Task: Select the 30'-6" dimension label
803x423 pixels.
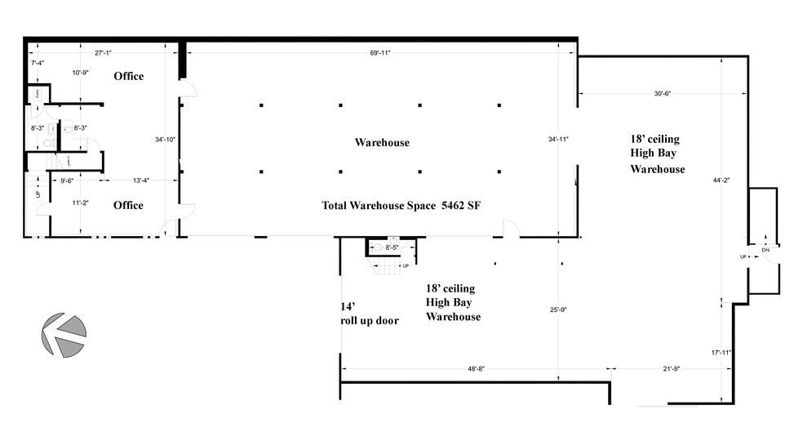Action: (x=662, y=93)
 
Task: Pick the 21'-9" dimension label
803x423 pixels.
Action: (x=669, y=369)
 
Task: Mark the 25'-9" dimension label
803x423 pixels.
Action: (x=559, y=309)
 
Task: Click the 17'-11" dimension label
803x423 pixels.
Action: (x=721, y=353)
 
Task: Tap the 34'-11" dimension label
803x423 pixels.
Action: (x=559, y=140)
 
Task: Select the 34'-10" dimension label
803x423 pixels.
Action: (x=165, y=140)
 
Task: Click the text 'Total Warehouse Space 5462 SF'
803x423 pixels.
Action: (x=401, y=205)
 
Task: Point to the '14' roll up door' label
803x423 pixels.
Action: (x=369, y=314)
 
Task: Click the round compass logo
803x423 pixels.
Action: (x=64, y=335)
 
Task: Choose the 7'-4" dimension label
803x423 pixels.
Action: (x=37, y=63)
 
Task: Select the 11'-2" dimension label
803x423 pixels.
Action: (x=80, y=202)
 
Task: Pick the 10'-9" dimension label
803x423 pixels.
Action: (x=80, y=73)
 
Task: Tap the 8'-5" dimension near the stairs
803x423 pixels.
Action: (x=393, y=247)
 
